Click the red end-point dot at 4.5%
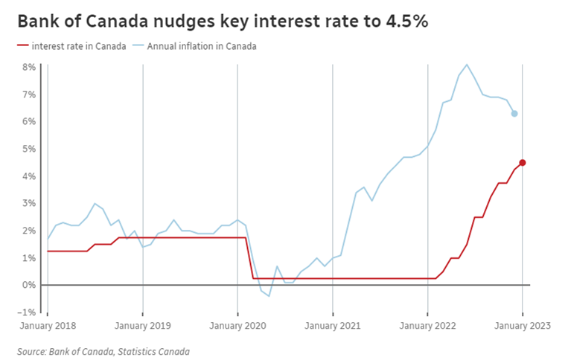coord(522,162)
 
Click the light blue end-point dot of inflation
coord(514,114)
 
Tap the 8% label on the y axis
coord(29,67)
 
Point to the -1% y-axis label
coord(28,312)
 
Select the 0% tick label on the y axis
coord(29,285)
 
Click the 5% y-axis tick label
coord(29,149)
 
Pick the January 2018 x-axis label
coord(47,326)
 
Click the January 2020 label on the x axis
coord(237,326)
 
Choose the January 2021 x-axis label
coord(333,326)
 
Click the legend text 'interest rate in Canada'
coord(74,46)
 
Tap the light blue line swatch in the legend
coord(138,46)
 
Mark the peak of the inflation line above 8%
coord(467,64)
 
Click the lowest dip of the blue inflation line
coord(269,296)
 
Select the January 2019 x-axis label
coord(142,326)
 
